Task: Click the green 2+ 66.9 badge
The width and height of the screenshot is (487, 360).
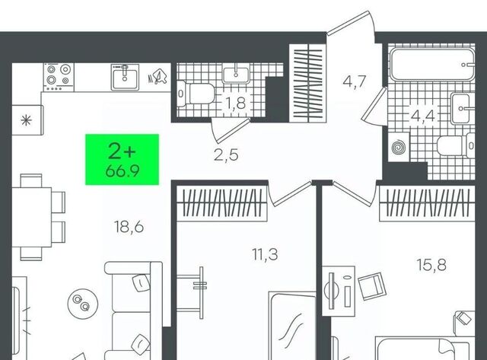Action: [122, 159]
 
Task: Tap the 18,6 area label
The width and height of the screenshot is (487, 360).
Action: [129, 227]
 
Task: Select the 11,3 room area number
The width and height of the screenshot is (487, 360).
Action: [265, 255]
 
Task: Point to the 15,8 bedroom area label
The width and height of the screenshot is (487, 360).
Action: [431, 265]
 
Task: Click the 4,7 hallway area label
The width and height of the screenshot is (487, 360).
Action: [355, 81]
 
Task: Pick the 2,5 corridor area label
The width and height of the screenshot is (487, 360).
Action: [226, 155]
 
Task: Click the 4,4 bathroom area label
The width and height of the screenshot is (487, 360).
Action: [423, 116]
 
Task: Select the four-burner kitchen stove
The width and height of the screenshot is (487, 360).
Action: [59, 77]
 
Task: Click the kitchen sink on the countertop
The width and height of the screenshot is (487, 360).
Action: [125, 77]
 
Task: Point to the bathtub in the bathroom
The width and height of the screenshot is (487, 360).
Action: [432, 65]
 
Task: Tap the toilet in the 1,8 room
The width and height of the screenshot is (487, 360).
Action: [196, 94]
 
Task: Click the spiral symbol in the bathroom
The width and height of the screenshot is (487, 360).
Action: [399, 147]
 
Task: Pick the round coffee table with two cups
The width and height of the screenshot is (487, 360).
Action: [83, 303]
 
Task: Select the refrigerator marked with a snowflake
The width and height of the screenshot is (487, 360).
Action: [27, 120]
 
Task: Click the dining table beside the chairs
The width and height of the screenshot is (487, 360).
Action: [31, 218]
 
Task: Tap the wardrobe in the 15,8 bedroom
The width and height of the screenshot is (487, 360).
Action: [428, 203]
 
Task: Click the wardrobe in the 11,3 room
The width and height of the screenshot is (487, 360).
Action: [222, 203]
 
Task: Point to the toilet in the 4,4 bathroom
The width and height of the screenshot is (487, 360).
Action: [455, 145]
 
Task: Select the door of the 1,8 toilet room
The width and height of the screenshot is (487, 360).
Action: [231, 130]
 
